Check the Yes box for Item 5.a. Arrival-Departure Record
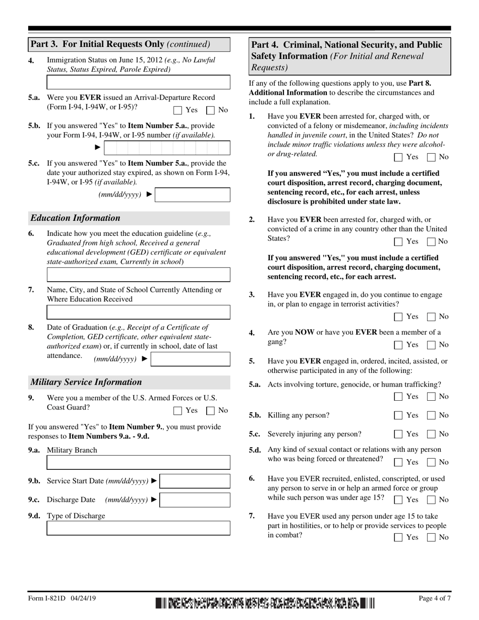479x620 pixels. pos(177,110)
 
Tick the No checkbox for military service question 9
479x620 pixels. pos(211,411)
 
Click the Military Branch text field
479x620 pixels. pos(138,462)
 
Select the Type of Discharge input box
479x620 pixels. pos(138,528)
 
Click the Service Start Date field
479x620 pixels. pos(195,481)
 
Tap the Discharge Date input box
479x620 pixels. pos(195,500)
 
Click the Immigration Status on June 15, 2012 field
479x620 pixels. pos(138,82)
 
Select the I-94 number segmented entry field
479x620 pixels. pos(167,148)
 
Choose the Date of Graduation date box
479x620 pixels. pos(191,359)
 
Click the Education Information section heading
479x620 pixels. pos(76,218)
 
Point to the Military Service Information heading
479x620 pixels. pos(86,382)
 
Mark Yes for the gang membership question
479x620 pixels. pos(398,345)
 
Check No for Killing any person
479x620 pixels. pos(432,416)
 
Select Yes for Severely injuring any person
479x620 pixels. pos(398,434)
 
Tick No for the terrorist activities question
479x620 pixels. pos(432,317)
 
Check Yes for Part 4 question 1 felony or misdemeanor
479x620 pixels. pos(398,157)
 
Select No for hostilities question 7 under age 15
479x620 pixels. pos(432,538)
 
